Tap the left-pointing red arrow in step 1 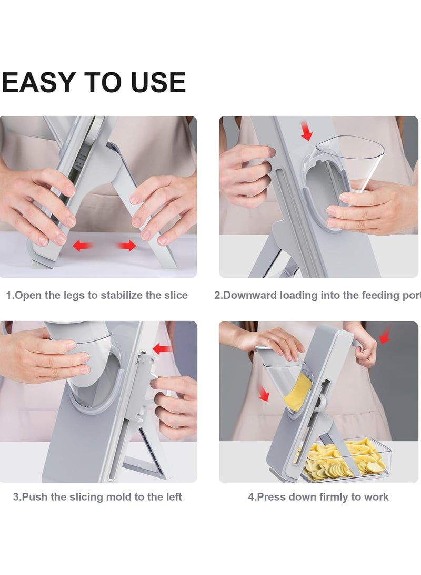point(82,245)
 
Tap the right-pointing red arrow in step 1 point(126,246)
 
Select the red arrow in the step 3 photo point(162,349)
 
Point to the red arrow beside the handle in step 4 point(384,336)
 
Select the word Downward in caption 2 point(249,295)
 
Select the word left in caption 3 point(174,497)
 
